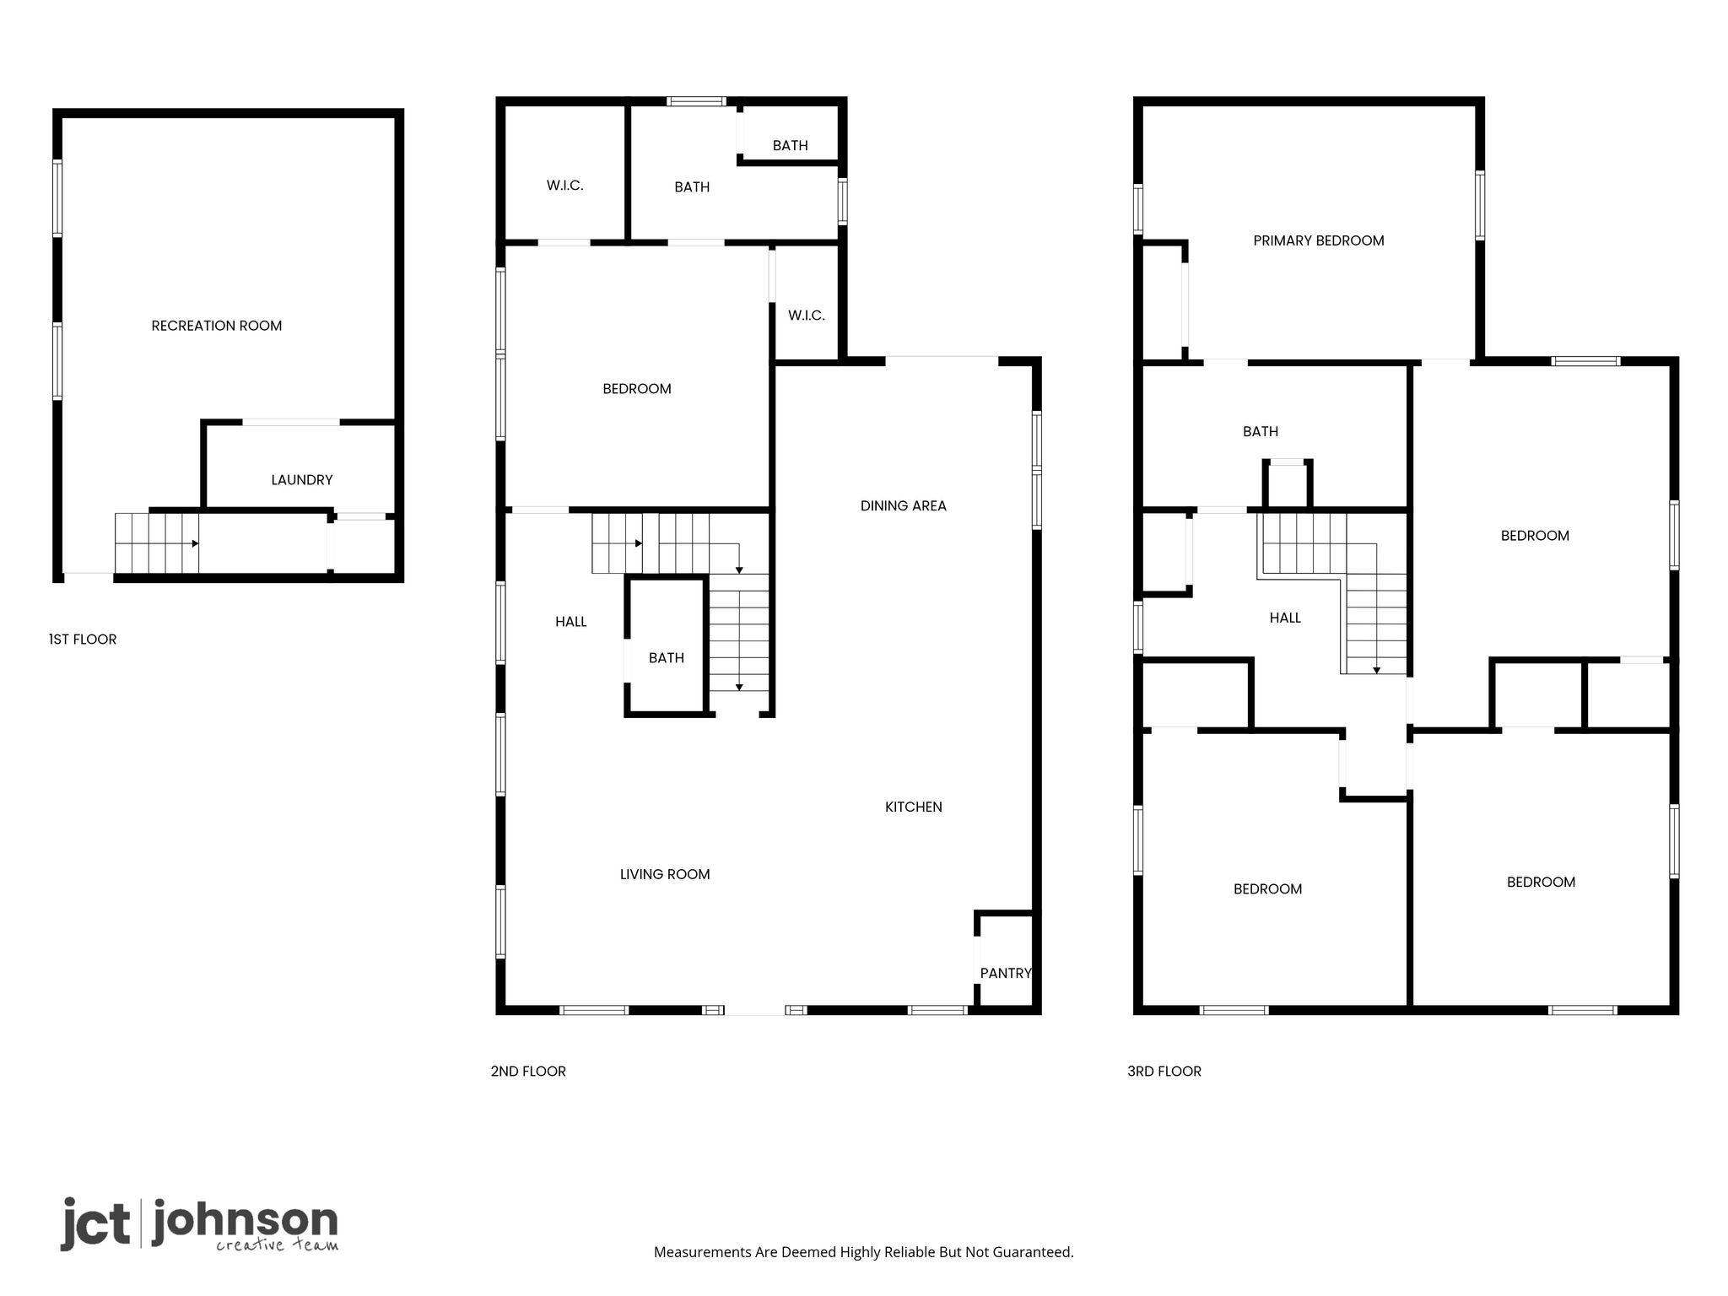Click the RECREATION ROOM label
click(x=217, y=326)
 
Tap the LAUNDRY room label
click(x=302, y=480)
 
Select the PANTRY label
click(x=1006, y=973)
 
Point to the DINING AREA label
click(x=904, y=506)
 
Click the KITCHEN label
click(x=914, y=807)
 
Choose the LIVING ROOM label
click(x=665, y=875)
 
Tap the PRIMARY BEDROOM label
click(x=1319, y=241)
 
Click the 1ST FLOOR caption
click(x=83, y=640)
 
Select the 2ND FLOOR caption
click(x=528, y=1072)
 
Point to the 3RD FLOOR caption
click(x=1164, y=1072)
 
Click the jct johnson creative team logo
click(x=199, y=1223)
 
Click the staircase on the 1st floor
click(x=157, y=543)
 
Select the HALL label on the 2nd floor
click(x=571, y=622)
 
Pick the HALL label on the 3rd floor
click(x=1285, y=618)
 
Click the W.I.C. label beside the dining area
click(x=807, y=316)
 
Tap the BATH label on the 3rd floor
click(x=1261, y=432)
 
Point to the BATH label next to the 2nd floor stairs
click(x=667, y=658)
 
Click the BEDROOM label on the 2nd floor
click(x=637, y=389)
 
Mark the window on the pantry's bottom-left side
click(x=937, y=1010)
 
